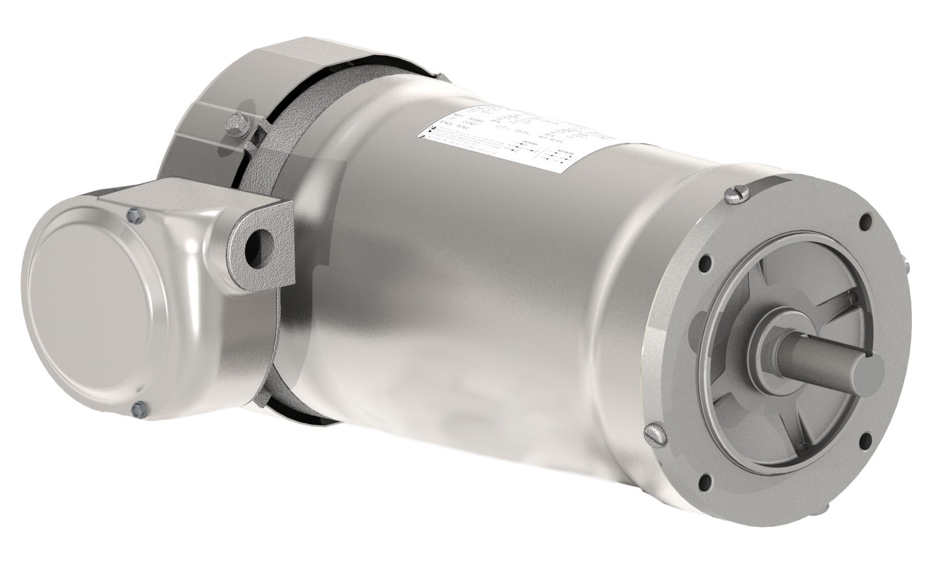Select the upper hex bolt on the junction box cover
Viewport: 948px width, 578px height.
134,213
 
